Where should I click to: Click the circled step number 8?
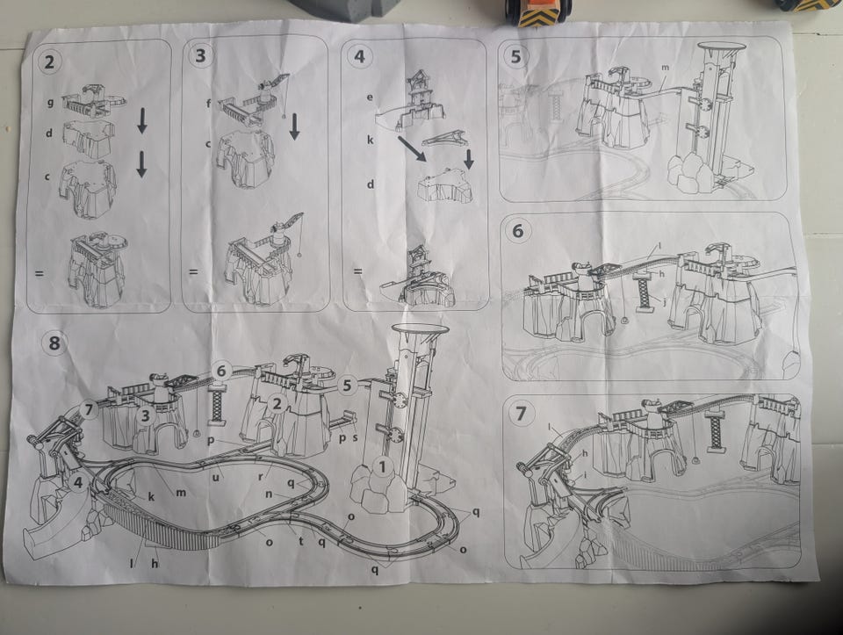click(x=54, y=343)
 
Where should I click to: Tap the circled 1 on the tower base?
click(x=382, y=466)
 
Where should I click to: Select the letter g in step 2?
click(x=51, y=101)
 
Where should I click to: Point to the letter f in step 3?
click(x=209, y=104)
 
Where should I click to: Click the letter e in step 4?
click(x=370, y=97)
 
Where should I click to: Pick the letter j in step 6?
click(x=665, y=301)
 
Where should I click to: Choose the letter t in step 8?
click(x=301, y=541)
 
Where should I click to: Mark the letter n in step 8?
click(x=269, y=494)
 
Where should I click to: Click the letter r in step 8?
click(x=260, y=476)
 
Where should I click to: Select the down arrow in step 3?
click(x=294, y=126)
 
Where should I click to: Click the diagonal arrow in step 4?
click(x=412, y=149)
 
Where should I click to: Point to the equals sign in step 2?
click(x=40, y=273)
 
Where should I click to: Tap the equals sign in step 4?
click(x=357, y=271)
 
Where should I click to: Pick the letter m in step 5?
click(x=665, y=68)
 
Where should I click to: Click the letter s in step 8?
click(x=355, y=437)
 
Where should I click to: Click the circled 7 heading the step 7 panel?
click(x=521, y=414)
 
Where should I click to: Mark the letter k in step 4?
click(x=370, y=140)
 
